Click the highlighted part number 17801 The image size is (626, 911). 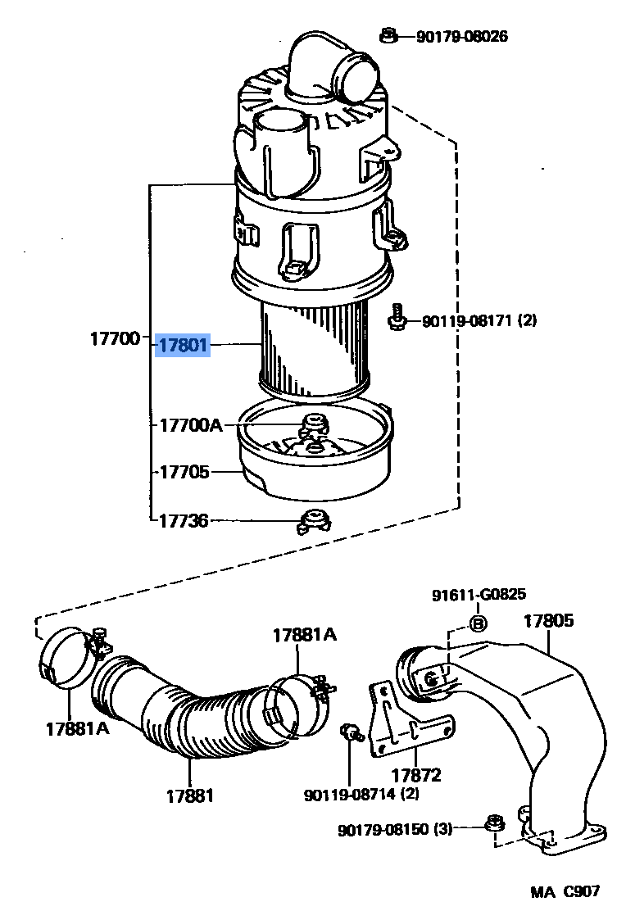pyautogui.click(x=183, y=345)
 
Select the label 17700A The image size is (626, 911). pyautogui.click(x=191, y=425)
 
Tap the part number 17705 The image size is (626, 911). pyautogui.click(x=184, y=472)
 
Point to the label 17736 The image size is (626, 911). pyautogui.click(x=183, y=520)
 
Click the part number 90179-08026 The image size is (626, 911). pyautogui.click(x=462, y=37)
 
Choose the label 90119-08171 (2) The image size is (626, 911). pyautogui.click(x=479, y=320)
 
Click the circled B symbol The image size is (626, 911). pyautogui.click(x=478, y=624)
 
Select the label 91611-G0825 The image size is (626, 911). pyautogui.click(x=479, y=594)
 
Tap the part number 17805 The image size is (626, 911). pyautogui.click(x=548, y=620)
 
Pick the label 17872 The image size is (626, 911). pyautogui.click(x=416, y=775)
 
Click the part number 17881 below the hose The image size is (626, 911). pyautogui.click(x=189, y=795)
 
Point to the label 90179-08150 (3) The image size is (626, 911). pyautogui.click(x=395, y=829)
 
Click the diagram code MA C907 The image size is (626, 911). pyautogui.click(x=565, y=891)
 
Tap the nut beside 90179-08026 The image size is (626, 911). pyautogui.click(x=388, y=36)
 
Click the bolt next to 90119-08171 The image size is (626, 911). pyautogui.click(x=397, y=317)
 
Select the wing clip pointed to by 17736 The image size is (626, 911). pyautogui.click(x=313, y=521)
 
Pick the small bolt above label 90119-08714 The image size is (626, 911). pyautogui.click(x=351, y=732)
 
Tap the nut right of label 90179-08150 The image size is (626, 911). pyautogui.click(x=495, y=824)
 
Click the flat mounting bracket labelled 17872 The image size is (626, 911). pyautogui.click(x=410, y=720)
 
